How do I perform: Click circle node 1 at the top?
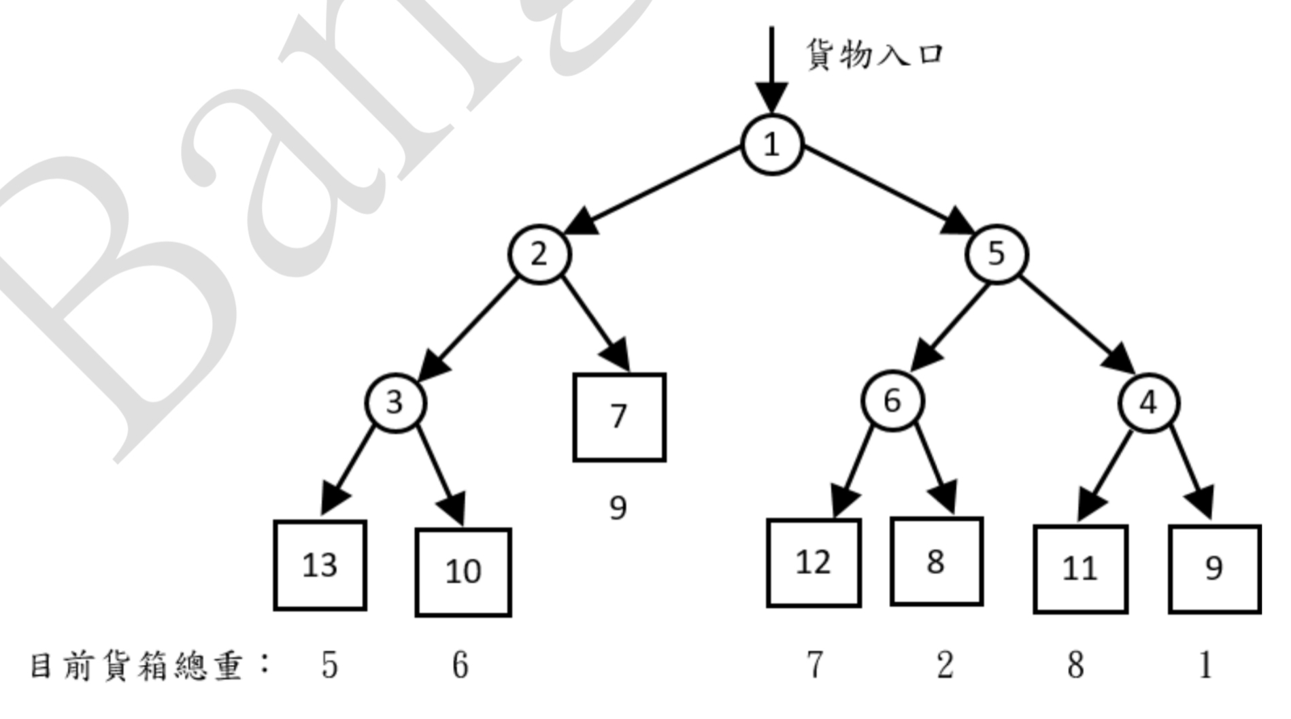[772, 144]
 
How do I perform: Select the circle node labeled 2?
[539, 254]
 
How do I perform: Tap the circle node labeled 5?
[996, 254]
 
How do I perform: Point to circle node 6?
[892, 401]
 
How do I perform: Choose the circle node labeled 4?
[1149, 403]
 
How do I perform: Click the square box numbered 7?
[619, 417]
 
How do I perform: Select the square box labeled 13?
[320, 565]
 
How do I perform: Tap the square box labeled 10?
[463, 572]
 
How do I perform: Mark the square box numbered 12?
[814, 563]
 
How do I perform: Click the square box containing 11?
[1080, 569]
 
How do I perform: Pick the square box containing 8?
[937, 561]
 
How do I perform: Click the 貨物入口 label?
[875, 54]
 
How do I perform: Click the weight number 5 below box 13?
[329, 665]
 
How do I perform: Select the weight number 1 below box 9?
[1205, 665]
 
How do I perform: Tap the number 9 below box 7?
[618, 507]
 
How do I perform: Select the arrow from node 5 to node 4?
[1077, 324]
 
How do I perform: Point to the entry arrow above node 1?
[771, 70]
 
